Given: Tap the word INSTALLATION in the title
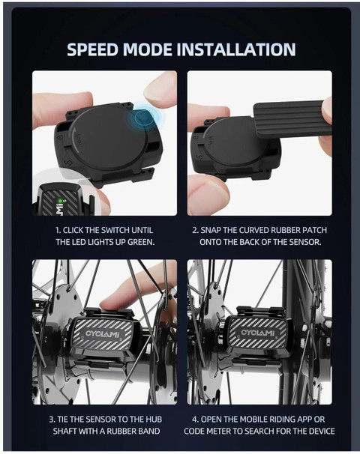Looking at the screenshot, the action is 236,49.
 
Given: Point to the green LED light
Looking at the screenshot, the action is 60,200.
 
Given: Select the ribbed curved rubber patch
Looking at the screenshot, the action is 291,118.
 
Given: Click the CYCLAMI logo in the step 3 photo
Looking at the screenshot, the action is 102,334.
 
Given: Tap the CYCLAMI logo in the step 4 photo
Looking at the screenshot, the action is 257,333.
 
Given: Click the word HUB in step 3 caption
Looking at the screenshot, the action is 154,420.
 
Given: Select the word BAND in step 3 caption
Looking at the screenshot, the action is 149,431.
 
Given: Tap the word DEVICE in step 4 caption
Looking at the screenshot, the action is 321,431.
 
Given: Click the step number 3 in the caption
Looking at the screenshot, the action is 51,420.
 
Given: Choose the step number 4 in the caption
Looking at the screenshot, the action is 195,420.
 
